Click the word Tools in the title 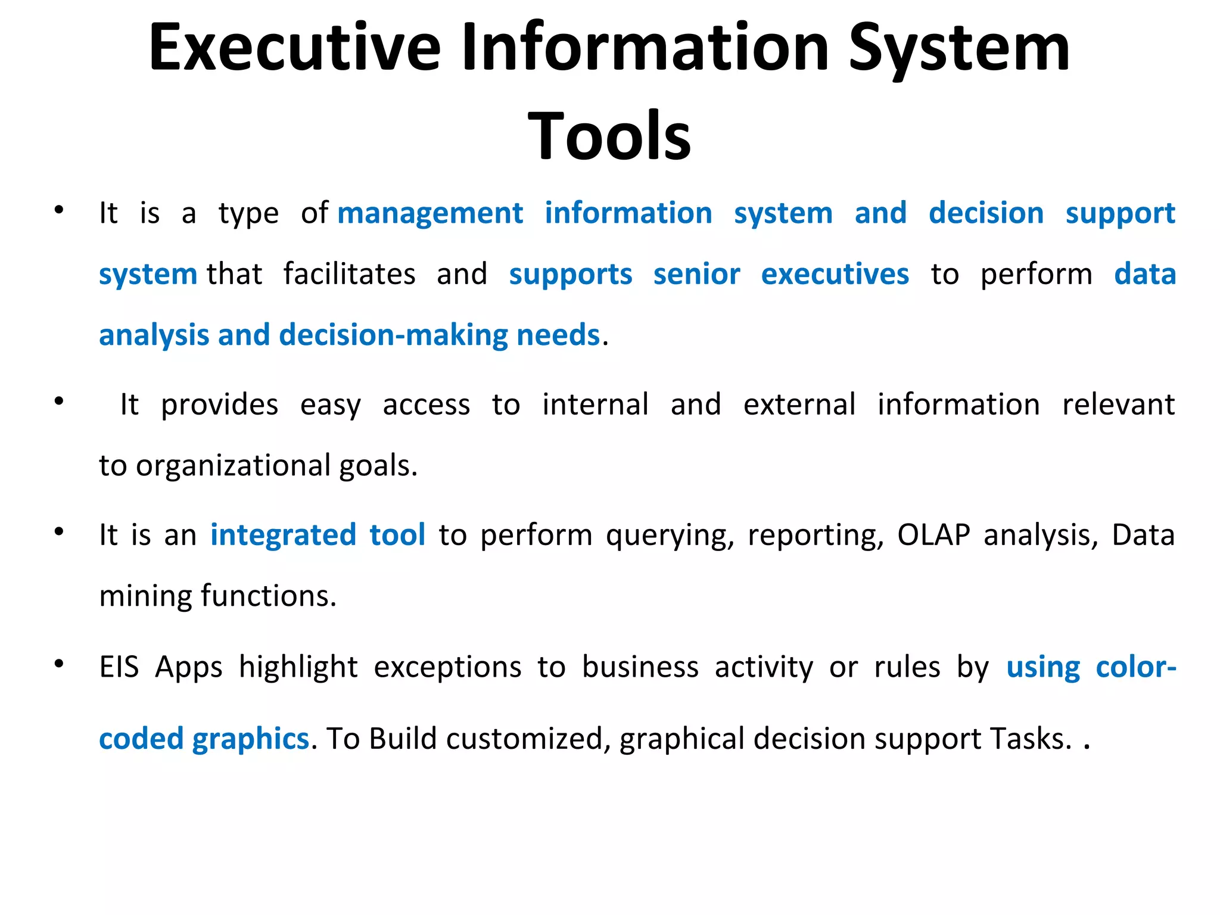[609, 137]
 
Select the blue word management [430, 213]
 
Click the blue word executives [835, 275]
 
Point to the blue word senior [696, 275]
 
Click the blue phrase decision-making [394, 335]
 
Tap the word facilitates [349, 275]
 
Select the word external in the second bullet [799, 404]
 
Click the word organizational [233, 466]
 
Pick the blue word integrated [283, 535]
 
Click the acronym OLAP [933, 535]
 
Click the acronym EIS [119, 667]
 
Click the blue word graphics [250, 739]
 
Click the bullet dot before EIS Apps [58, 663]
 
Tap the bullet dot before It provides [58, 401]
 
